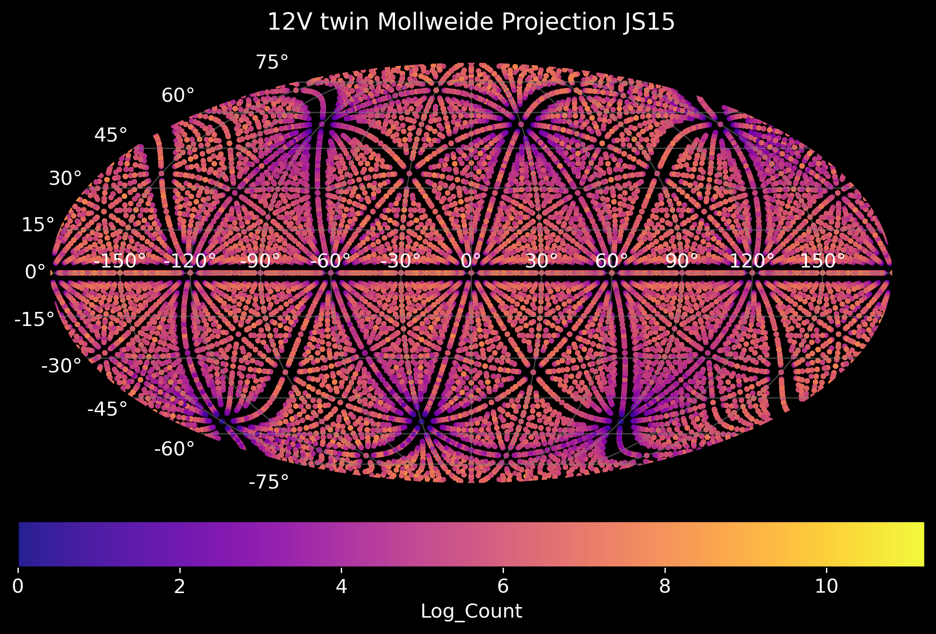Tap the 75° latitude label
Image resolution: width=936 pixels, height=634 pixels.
272,62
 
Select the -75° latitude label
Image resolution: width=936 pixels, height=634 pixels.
269,482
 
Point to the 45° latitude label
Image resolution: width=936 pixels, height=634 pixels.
111,135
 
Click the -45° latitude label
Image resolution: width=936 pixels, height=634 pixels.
107,409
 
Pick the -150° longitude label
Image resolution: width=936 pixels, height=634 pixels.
120,261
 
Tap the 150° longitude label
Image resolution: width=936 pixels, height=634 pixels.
823,261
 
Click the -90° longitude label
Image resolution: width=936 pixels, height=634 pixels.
260,261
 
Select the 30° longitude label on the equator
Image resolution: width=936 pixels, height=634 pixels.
541,261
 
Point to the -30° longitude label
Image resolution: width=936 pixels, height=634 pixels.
401,261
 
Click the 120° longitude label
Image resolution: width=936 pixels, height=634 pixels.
752,261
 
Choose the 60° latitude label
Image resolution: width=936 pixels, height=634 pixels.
178,96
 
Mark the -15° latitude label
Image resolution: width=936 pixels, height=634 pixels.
34,319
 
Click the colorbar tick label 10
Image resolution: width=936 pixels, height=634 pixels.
826,586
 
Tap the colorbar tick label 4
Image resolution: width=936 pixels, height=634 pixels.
341,586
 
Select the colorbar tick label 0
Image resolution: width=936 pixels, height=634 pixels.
18,586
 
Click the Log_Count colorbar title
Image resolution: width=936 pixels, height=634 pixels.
471,611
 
